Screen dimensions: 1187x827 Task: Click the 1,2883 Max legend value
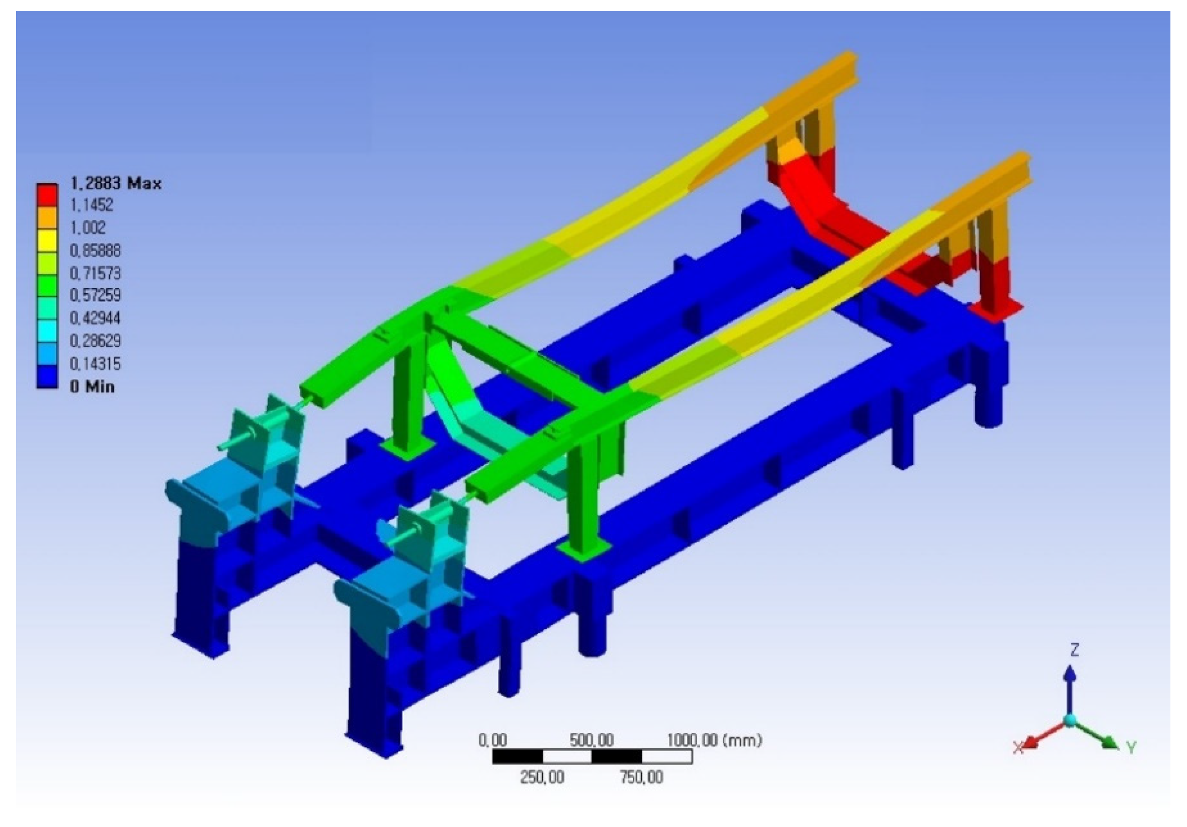click(x=115, y=183)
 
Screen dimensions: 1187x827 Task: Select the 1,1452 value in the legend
click(x=91, y=205)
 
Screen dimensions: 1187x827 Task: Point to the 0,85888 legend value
click(x=95, y=251)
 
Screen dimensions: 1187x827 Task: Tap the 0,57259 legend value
click(x=95, y=295)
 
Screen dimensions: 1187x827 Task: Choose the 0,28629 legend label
click(x=95, y=341)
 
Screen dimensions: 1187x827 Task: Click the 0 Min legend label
click(x=92, y=386)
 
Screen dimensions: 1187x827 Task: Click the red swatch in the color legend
click(x=46, y=194)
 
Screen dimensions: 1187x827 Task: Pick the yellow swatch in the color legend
click(x=46, y=240)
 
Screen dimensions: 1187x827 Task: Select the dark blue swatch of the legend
click(x=46, y=377)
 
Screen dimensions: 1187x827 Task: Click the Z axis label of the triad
click(x=1074, y=650)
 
